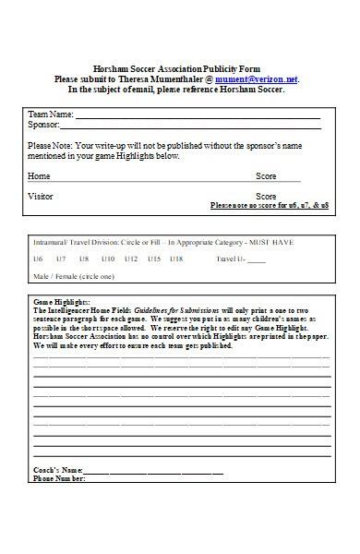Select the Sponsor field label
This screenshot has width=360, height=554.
43,125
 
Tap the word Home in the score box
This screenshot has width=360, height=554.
39,175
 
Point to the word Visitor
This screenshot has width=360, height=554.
41,197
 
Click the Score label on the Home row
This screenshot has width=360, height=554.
266,175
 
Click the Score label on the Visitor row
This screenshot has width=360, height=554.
266,197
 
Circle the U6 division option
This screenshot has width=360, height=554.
38,259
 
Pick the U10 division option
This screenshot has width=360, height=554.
108,259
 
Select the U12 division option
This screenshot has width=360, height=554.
131,259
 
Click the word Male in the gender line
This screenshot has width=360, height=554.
42,276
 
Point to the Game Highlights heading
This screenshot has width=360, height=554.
62,302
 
